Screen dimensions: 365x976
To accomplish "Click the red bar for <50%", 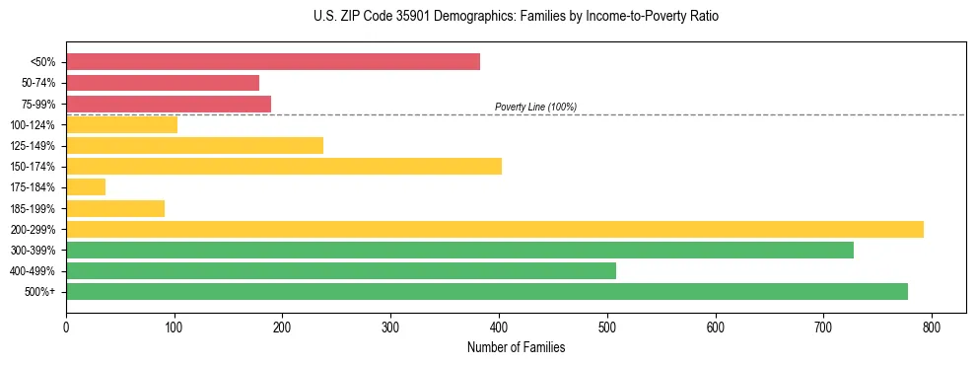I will point(272,62).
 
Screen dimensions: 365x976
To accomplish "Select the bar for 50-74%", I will point(163,83).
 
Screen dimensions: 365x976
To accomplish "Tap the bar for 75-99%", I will point(169,104).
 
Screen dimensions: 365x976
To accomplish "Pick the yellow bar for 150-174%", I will point(284,166).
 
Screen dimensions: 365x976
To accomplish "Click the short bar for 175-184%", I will point(86,186).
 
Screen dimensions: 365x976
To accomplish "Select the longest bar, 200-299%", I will point(495,229).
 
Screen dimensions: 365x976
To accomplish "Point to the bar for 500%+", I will point(487,291).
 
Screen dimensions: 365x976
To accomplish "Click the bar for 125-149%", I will point(194,145).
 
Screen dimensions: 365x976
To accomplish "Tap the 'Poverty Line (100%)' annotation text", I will point(535,107).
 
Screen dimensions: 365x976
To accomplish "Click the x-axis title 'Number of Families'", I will point(516,347).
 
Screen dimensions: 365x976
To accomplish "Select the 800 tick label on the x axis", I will point(932,327).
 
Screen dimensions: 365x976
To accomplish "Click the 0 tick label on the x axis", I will point(66,327).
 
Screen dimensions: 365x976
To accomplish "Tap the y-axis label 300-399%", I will point(33,250).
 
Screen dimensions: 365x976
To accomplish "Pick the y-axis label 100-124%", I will point(33,124).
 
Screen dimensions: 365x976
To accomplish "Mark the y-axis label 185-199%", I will point(33,208).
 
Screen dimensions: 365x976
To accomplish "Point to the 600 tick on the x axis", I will point(715,327).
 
